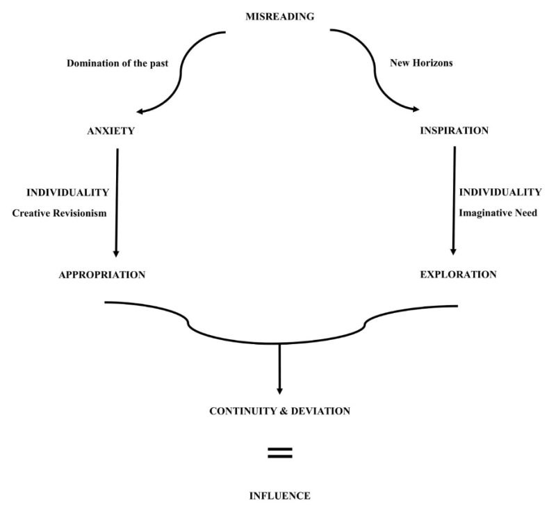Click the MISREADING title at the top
tap(279, 17)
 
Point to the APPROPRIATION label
tap(102, 275)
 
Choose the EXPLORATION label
tap(458, 275)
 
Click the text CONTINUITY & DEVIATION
tap(279, 411)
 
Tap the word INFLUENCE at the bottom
tap(279, 496)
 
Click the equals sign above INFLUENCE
tap(280, 453)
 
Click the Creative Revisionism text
tap(60, 213)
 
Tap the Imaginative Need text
tap(498, 213)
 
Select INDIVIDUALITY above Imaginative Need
tap(500, 192)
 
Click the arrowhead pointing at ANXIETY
tap(140, 110)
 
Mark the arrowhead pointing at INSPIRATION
tap(416, 109)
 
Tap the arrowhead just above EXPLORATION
tap(453, 252)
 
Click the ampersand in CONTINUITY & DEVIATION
tap(281, 411)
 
